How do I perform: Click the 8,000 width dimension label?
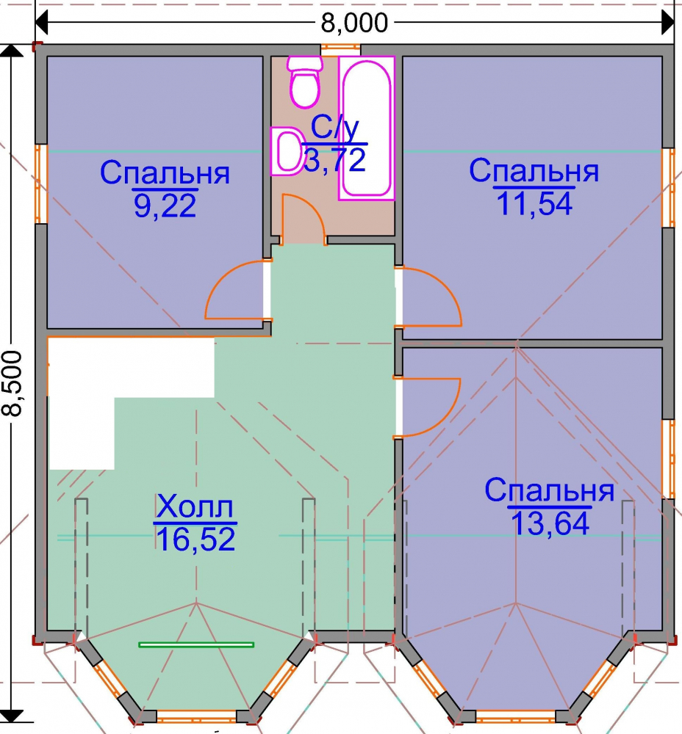[x=354, y=23]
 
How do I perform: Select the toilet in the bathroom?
[x=305, y=81]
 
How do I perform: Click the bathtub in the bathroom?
[x=367, y=128]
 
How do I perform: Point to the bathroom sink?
[x=286, y=151]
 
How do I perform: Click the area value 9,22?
[x=165, y=206]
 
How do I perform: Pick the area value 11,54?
[x=534, y=204]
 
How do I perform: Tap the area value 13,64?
[x=550, y=523]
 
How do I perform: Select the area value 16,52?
[x=195, y=539]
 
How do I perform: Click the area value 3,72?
[x=334, y=160]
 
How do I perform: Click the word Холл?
[x=195, y=506]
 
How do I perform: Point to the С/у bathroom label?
[x=334, y=127]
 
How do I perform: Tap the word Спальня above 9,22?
[x=165, y=172]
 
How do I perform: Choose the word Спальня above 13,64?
[x=550, y=490]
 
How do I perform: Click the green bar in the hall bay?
[x=196, y=644]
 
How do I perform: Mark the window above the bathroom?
[x=341, y=47]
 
